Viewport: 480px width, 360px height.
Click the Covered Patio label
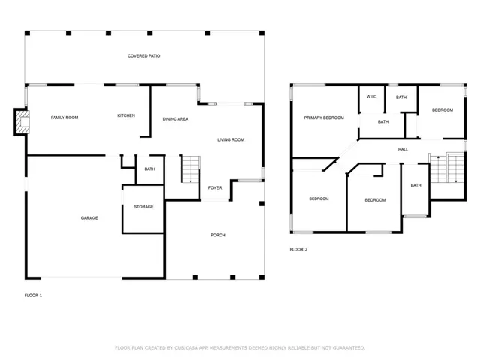143,56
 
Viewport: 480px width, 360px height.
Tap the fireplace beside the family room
22,122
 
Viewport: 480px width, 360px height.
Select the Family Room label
64,118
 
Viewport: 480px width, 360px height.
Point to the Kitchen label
126,115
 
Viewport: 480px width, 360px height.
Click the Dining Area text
175,119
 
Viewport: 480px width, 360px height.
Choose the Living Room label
231,140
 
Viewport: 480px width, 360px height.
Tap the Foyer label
215,188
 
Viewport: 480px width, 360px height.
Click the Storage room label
143,207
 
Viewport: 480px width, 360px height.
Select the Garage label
89,218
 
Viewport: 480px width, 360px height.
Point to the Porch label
218,235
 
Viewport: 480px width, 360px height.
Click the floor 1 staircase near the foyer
191,169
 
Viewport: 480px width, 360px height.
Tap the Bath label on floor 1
150,169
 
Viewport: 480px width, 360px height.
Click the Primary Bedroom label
324,118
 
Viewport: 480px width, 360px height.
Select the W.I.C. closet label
372,97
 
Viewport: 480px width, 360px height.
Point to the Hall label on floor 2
403,150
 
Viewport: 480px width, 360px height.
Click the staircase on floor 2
447,168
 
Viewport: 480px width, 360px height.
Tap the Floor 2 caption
298,250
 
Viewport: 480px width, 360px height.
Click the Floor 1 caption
33,295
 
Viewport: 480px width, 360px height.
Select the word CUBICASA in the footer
186,348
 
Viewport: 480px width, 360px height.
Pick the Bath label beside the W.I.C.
401,97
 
